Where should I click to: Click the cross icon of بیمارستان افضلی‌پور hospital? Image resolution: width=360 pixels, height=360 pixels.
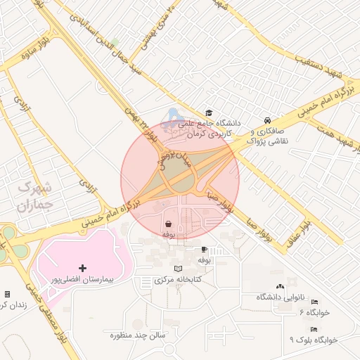click(83, 268)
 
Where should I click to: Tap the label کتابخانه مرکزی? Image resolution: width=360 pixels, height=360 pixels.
click(179, 280)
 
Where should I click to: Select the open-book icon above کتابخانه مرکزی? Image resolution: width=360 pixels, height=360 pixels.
click(179, 269)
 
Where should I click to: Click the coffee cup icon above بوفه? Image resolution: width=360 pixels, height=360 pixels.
click(204, 250)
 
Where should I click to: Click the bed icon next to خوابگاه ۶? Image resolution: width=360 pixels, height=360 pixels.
click(314, 301)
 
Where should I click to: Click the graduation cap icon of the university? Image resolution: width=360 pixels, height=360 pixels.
click(208, 112)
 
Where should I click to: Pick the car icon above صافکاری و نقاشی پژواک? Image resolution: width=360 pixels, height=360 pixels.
click(267, 120)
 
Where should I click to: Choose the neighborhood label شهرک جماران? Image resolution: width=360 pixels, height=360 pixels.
click(34, 197)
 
